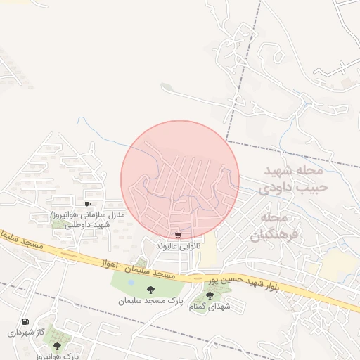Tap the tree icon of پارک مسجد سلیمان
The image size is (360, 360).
point(150,289)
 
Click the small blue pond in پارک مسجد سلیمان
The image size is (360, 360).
point(131,283)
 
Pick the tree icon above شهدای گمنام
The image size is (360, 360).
point(210,296)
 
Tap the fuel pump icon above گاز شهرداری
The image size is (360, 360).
point(27,321)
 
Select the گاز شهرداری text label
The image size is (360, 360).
point(27,332)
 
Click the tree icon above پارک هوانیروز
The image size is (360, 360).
point(57,345)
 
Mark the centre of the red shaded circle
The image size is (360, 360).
point(180,179)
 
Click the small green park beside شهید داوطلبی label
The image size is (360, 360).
point(59,224)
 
